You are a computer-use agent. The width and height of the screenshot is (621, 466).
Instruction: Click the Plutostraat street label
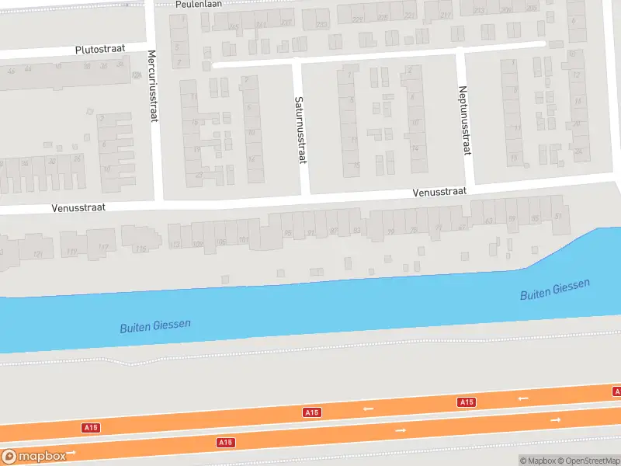point(101,49)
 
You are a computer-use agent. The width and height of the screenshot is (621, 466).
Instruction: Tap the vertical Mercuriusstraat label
point(153,86)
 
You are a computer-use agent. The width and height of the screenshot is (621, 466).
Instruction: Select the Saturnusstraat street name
point(299,129)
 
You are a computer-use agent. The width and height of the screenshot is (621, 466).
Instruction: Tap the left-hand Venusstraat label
point(78,208)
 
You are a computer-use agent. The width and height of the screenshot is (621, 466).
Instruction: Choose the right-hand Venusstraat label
point(439,191)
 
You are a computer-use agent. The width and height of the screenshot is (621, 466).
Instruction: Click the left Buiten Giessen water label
point(155,326)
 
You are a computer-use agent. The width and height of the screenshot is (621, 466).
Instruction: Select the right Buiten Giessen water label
point(554,290)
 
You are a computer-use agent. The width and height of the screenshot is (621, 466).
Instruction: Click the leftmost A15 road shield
point(91,428)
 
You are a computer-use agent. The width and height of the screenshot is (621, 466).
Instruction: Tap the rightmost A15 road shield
point(466,402)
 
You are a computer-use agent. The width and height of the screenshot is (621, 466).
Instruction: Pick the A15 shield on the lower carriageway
point(225,442)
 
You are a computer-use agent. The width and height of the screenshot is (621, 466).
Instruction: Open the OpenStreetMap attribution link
point(588,461)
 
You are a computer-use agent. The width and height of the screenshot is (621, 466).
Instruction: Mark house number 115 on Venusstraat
point(141,249)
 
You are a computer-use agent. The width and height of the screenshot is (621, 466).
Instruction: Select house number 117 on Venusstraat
point(103,248)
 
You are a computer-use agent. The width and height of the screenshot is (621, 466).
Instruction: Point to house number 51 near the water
point(559,217)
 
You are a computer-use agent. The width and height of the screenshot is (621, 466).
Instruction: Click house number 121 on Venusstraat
point(36,254)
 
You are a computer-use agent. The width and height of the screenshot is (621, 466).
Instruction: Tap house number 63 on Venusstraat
point(488,221)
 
